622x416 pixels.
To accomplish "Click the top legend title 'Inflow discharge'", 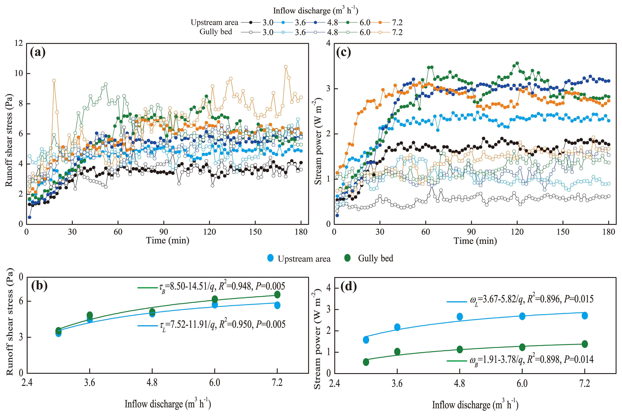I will tap(316, 11).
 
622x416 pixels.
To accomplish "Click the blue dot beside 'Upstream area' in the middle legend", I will tap(270, 258).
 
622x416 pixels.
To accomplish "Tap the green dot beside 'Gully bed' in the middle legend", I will tap(347, 258).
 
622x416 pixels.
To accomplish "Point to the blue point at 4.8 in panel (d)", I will tap(460, 317).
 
